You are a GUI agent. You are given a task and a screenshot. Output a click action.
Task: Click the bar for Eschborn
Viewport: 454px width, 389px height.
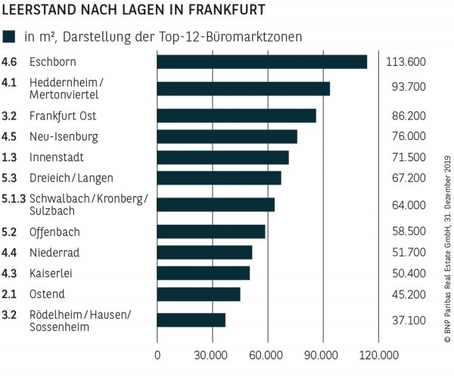coord(262,62)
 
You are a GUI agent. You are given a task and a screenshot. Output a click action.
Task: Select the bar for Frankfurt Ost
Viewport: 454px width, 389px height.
coord(236,116)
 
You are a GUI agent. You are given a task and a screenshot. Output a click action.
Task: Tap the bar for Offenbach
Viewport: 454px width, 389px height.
coord(211,232)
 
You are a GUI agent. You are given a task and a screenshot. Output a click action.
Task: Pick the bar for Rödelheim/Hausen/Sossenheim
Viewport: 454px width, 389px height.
coord(191,319)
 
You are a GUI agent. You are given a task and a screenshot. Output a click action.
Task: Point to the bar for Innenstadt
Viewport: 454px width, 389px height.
coord(222,157)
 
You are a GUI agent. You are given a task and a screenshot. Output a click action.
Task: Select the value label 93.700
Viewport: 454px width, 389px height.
coord(408,89)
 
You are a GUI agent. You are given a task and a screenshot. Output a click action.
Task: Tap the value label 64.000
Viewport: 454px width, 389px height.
coord(408,204)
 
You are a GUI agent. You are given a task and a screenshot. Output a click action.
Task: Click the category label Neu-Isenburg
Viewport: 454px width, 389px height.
coord(64,137)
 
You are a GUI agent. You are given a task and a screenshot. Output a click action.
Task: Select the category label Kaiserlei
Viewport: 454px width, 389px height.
coord(51,273)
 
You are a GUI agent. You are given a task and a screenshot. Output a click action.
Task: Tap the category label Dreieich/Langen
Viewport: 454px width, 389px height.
coord(71,178)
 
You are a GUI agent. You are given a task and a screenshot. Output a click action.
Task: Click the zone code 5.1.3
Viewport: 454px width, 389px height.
coord(14,198)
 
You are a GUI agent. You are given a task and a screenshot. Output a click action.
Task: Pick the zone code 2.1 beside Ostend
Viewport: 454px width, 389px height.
coord(10,294)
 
